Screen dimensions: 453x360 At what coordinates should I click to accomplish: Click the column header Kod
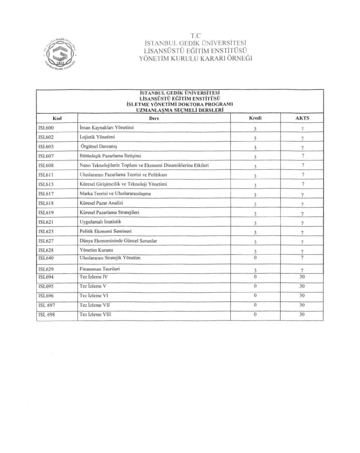[57, 119]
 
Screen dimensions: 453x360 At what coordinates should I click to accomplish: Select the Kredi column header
[255, 118]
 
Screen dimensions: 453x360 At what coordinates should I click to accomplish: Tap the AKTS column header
[302, 118]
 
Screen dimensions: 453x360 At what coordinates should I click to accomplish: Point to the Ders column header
[154, 119]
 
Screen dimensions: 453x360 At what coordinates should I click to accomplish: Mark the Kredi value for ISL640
[255, 258]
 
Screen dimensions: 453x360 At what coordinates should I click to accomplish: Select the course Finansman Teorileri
[99, 269]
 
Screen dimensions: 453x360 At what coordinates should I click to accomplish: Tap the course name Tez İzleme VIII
[95, 315]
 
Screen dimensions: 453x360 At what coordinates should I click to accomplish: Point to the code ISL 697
[46, 305]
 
